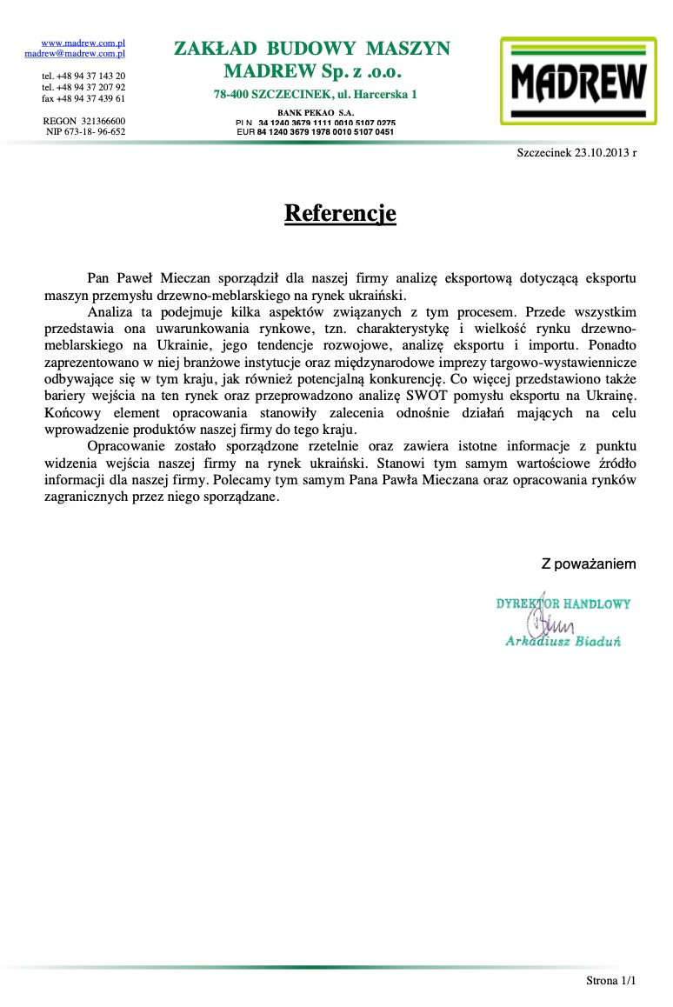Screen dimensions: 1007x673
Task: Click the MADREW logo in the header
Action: [x=578, y=81]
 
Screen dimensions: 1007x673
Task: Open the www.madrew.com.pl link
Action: [x=84, y=43]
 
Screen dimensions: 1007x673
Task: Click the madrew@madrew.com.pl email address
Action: [x=76, y=53]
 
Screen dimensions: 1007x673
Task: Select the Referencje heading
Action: [x=340, y=213]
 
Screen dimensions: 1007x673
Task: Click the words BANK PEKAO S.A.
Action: [x=316, y=113]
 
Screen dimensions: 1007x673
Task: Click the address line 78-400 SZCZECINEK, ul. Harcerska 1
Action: [x=316, y=94]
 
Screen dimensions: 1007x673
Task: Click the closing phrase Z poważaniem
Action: [x=589, y=564]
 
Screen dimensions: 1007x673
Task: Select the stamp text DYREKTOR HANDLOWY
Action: [x=563, y=604]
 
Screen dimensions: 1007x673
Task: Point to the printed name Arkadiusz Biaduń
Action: [x=563, y=642]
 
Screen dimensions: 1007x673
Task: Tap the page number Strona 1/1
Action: [x=611, y=981]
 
